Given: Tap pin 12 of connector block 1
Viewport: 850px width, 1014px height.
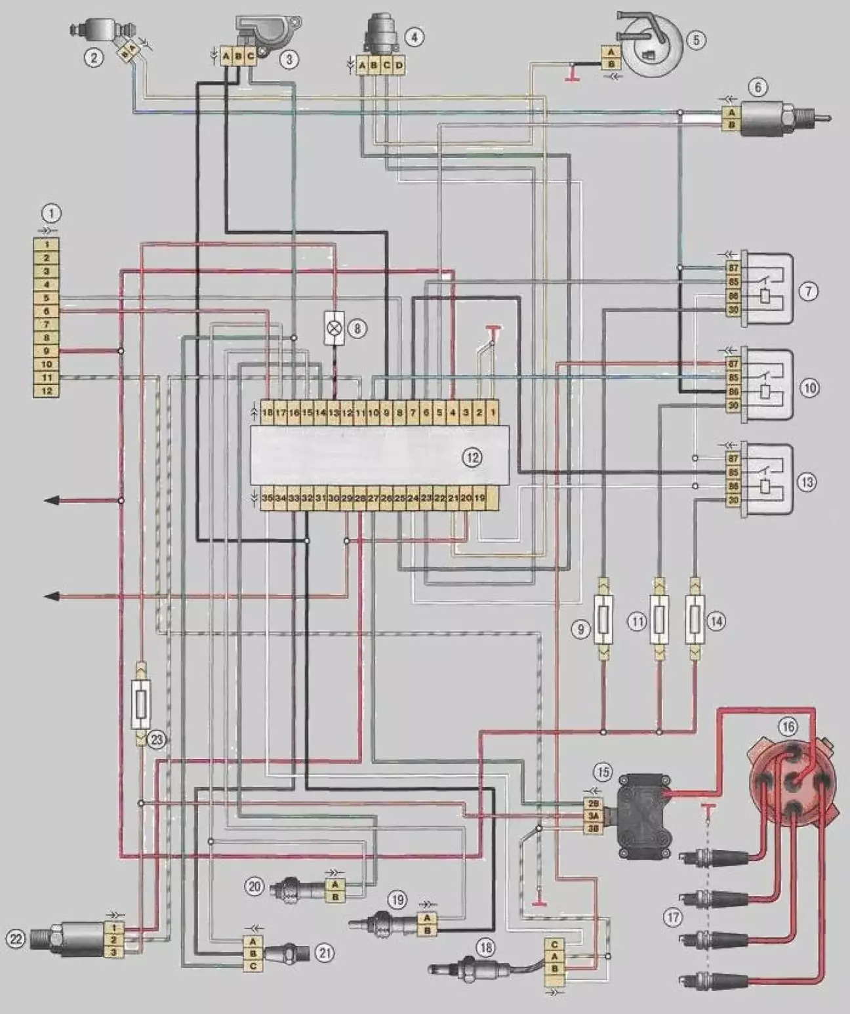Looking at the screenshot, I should pyautogui.click(x=47, y=391).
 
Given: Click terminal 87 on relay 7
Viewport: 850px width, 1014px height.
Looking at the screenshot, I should pyautogui.click(x=733, y=268).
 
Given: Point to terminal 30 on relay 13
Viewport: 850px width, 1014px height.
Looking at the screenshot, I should pyautogui.click(x=733, y=500).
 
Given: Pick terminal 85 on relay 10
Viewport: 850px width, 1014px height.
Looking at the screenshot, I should pyautogui.click(x=733, y=378).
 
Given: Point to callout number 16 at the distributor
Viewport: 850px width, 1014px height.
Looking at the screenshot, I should pyautogui.click(x=788, y=726).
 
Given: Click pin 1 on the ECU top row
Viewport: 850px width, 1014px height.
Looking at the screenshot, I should pyautogui.click(x=493, y=413).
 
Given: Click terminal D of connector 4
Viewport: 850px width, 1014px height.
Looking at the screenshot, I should pyautogui.click(x=399, y=65).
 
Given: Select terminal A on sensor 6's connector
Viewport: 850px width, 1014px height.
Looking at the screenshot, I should pyautogui.click(x=731, y=113).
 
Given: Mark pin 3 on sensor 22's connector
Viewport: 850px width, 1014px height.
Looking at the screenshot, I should pyautogui.click(x=114, y=952).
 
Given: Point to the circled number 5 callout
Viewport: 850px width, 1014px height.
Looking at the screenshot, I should pyautogui.click(x=696, y=39).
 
